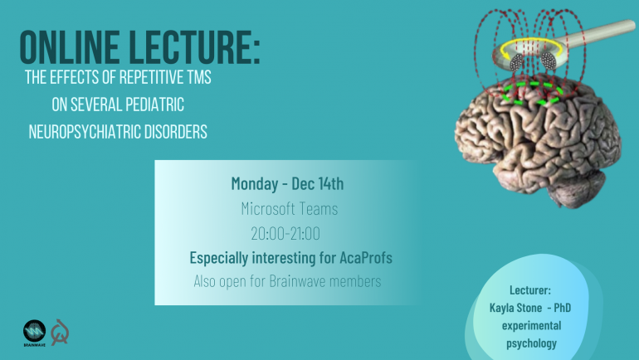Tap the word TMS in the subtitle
(x=199, y=77)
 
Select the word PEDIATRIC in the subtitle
(x=154, y=105)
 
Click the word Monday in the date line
(x=255, y=183)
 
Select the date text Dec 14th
(x=318, y=183)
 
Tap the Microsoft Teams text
(x=290, y=209)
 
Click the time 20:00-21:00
(x=285, y=234)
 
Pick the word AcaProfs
(x=366, y=258)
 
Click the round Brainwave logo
(x=34, y=331)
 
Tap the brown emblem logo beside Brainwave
(x=60, y=333)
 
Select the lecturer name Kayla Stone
(x=515, y=308)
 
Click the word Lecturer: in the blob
(x=530, y=290)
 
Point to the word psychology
(x=531, y=343)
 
